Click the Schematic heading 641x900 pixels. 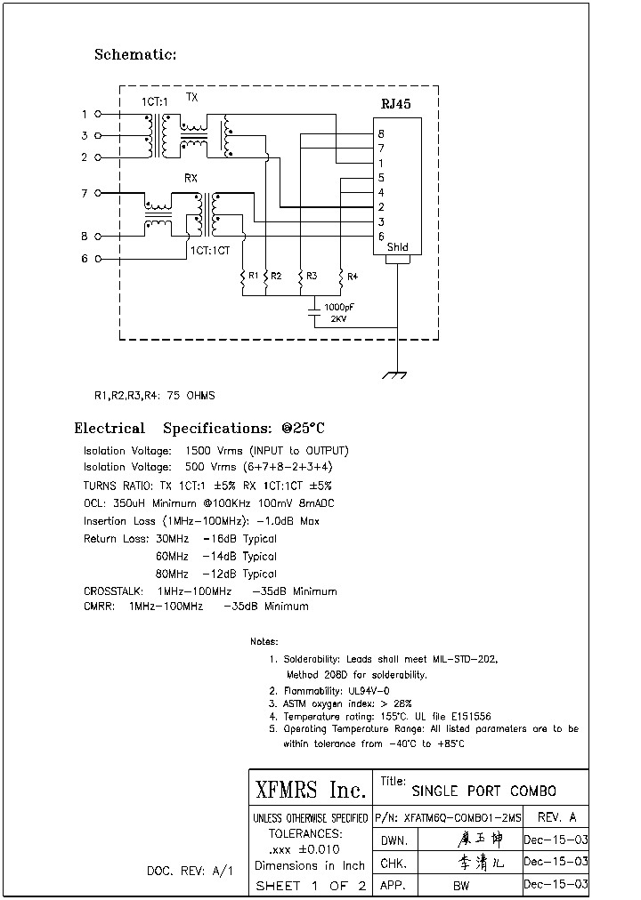[135, 55]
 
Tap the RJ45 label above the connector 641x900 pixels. [395, 103]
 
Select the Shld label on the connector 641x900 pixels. [398, 247]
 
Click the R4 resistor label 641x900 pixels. [353, 277]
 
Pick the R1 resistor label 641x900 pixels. [253, 277]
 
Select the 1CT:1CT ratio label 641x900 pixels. [209, 251]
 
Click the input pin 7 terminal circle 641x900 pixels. [98, 193]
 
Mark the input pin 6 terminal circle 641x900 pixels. [98, 259]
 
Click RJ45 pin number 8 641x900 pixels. [381, 134]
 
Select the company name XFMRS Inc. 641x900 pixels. [310, 790]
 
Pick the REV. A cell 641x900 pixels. [557, 817]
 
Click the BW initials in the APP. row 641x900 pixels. [461, 886]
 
